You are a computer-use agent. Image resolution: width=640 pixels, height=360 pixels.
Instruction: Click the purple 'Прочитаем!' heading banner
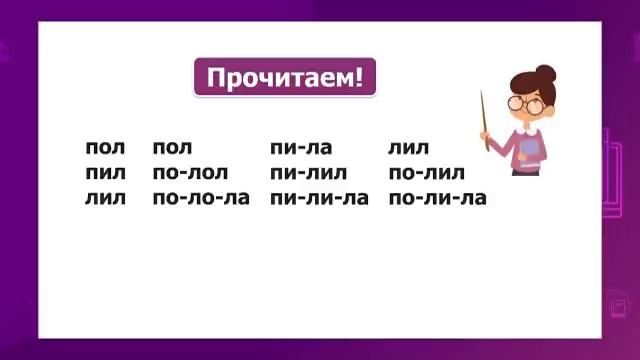[284, 77]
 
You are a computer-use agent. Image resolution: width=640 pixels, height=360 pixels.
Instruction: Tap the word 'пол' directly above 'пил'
[105, 148]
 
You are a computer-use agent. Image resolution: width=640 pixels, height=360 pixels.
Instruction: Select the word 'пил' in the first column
[105, 173]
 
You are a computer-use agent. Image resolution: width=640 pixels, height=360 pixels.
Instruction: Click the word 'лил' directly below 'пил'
[105, 198]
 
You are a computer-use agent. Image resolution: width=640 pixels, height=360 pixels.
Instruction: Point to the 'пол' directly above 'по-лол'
[172, 148]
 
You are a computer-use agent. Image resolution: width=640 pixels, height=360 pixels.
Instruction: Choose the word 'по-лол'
[190, 173]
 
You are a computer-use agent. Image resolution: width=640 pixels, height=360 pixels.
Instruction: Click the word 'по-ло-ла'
[200, 198]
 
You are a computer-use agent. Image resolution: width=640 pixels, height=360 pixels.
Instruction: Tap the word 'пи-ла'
[300, 148]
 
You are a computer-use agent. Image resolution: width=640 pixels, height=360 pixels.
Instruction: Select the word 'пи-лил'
[308, 173]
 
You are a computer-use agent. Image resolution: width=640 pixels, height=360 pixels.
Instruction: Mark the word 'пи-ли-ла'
[319, 198]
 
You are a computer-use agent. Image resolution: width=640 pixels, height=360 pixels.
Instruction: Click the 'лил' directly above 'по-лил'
[408, 148]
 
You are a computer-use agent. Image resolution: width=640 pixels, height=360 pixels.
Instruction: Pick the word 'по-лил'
[427, 173]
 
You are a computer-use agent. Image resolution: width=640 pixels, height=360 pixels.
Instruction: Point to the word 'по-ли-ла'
[437, 198]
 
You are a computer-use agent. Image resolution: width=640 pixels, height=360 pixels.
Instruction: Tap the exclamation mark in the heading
[359, 77]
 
